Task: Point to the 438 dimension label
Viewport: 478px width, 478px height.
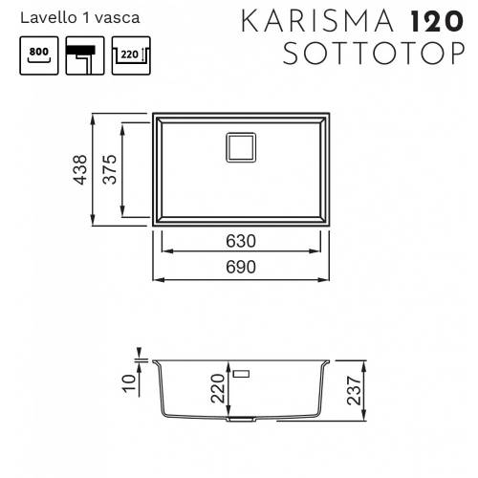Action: [x=82, y=172]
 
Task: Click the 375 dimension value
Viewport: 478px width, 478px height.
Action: [x=111, y=172]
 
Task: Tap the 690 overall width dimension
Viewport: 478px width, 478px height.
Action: [x=241, y=268]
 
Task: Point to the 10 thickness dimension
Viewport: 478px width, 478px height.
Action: [x=131, y=385]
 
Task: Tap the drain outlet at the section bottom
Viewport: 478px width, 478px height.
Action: [x=241, y=418]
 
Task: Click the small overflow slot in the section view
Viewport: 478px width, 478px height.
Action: [x=241, y=367]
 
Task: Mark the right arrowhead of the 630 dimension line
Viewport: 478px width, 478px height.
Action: [x=320, y=252]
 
